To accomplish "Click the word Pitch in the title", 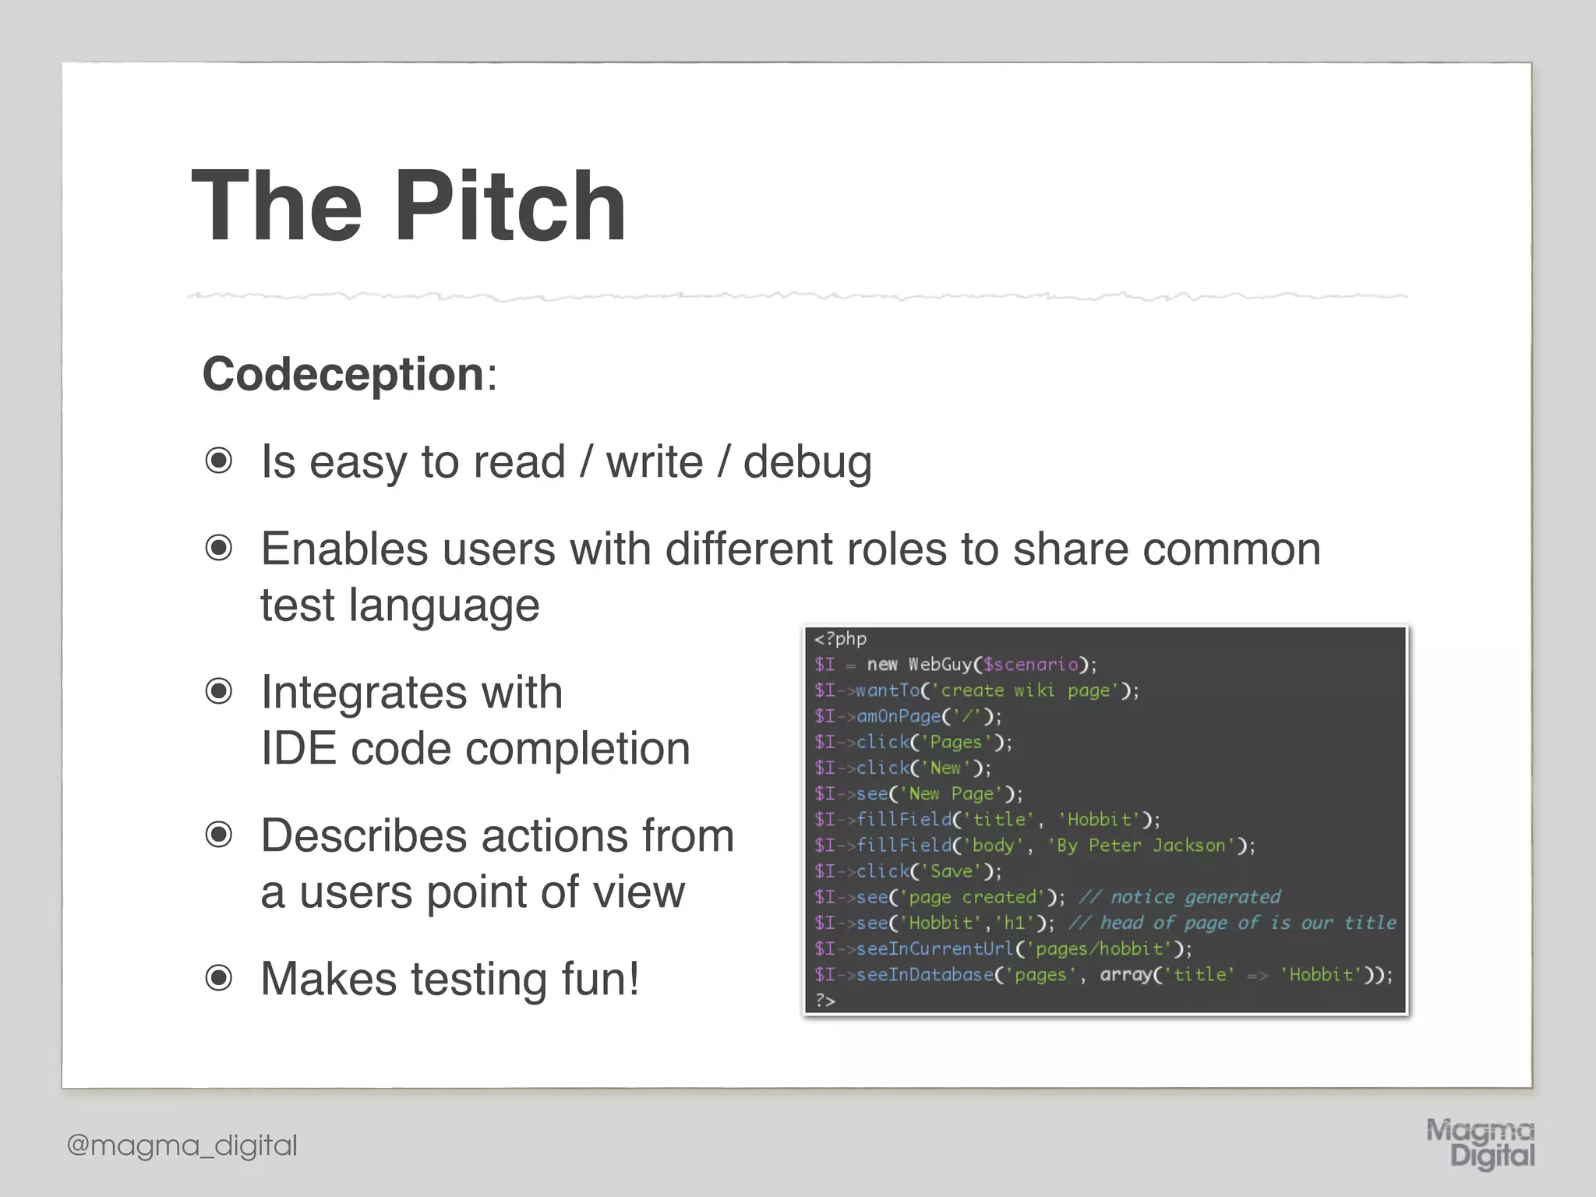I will click(510, 207).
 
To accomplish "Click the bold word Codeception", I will click(344, 374).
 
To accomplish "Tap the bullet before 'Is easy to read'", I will click(219, 461).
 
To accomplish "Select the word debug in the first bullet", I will click(807, 463).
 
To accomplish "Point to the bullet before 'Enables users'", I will click(219, 549).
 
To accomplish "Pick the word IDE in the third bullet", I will click(298, 749).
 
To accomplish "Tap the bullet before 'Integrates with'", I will click(219, 692).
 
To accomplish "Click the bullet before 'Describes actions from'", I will click(219, 835).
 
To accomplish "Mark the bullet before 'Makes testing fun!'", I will click(219, 978).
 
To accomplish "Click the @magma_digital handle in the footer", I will click(182, 1146).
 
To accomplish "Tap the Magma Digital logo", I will click(1480, 1144).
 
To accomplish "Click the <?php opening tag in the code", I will click(840, 639).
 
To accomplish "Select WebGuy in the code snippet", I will click(940, 665).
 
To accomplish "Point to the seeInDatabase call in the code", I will click(925, 975).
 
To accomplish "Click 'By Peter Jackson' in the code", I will click(1142, 846).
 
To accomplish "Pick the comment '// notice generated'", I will click(1179, 897).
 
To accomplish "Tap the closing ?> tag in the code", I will click(824, 1000).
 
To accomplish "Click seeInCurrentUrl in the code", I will click(935, 949).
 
